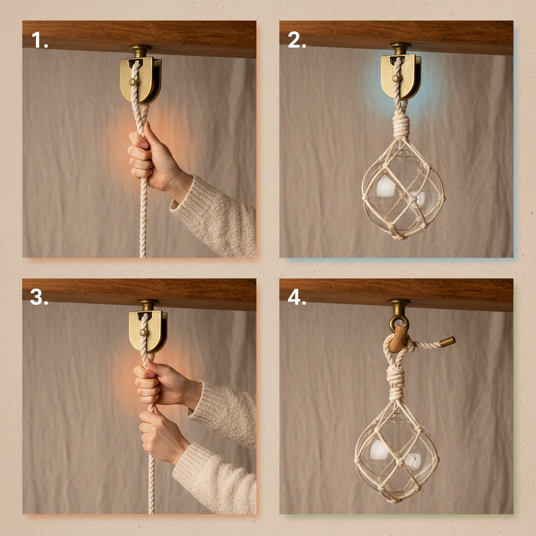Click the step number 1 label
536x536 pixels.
[40, 40]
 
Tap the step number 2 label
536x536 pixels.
[297, 40]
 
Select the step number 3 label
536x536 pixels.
[40, 297]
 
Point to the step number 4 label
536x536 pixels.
[297, 297]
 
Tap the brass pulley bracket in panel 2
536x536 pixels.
[400, 75]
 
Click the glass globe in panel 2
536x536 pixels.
[403, 194]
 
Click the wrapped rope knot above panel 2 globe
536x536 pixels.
[401, 126]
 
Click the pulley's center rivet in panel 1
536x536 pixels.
[132, 82]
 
